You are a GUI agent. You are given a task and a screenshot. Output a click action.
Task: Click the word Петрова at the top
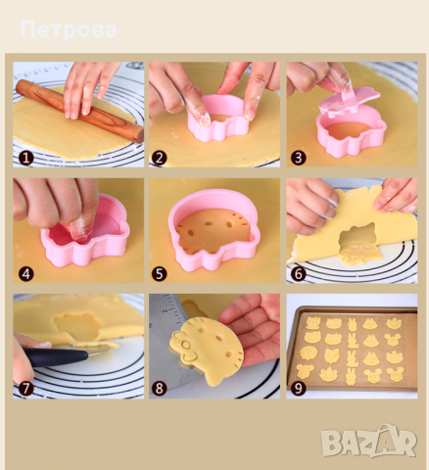click(x=69, y=30)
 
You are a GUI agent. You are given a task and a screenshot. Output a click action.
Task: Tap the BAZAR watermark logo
click(x=369, y=442)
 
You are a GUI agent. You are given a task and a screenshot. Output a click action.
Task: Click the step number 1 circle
click(x=26, y=158)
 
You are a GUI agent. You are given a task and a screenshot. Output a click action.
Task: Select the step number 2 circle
click(x=160, y=158)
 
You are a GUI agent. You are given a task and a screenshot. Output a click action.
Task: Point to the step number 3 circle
click(x=298, y=158)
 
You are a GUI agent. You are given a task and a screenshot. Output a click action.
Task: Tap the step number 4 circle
click(x=26, y=274)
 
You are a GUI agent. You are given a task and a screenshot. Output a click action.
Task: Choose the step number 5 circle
click(x=160, y=274)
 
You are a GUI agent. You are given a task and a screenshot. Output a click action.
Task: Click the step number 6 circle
click(x=298, y=274)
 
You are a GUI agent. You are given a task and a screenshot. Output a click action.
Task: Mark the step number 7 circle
click(x=26, y=389)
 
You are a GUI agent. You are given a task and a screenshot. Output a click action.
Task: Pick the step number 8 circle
click(x=160, y=389)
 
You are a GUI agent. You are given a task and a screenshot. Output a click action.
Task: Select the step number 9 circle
click(x=298, y=389)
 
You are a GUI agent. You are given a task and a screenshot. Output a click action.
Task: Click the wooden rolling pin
click(x=80, y=112)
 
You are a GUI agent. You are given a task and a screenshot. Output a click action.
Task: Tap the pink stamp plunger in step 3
click(x=349, y=102)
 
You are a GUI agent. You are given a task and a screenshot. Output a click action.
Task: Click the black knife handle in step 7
click(x=56, y=357)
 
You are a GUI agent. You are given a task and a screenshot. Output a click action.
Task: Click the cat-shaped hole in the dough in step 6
click(x=358, y=235)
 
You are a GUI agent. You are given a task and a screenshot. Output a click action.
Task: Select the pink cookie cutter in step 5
click(x=214, y=229)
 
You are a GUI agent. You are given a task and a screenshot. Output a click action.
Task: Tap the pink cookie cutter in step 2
click(x=218, y=118)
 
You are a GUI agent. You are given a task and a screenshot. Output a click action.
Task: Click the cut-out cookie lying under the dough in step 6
click(x=359, y=254)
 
